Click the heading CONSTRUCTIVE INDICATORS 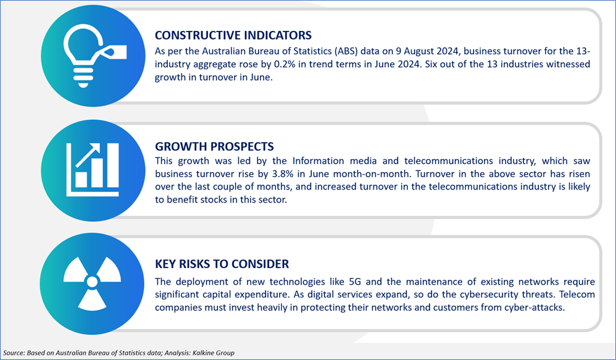point(233,35)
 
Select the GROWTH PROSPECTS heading point(215,146)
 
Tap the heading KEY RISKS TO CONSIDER point(222,264)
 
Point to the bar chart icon point(93,170)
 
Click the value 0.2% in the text point(284,64)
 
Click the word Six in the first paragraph point(431,64)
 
